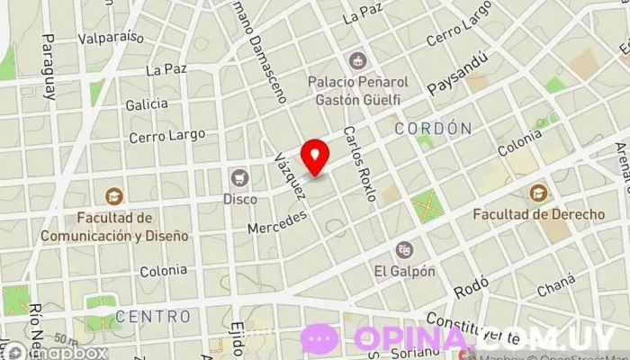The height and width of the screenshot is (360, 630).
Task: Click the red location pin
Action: [x=315, y=157]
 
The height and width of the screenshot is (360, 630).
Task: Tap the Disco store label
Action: [x=239, y=197]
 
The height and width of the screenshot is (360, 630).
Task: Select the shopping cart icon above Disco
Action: [x=239, y=176]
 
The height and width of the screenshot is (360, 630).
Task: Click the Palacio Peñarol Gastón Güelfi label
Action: [x=358, y=90]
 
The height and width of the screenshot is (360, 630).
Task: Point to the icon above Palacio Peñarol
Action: [x=358, y=60]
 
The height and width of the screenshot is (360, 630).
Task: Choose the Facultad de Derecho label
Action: [x=538, y=215]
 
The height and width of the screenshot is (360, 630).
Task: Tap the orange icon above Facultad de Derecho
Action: [x=538, y=193]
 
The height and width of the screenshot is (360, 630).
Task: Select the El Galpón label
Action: [x=405, y=270]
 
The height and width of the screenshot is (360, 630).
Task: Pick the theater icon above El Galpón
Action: [x=405, y=247]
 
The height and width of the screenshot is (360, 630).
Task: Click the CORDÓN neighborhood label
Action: [x=432, y=129]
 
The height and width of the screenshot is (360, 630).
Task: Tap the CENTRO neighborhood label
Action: [x=153, y=317]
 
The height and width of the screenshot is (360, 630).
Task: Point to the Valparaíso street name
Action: [x=112, y=38]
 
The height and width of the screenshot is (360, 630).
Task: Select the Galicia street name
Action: [x=147, y=104]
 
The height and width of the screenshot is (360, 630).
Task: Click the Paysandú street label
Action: [x=458, y=73]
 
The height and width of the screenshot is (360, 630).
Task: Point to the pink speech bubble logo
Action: [x=319, y=339]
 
